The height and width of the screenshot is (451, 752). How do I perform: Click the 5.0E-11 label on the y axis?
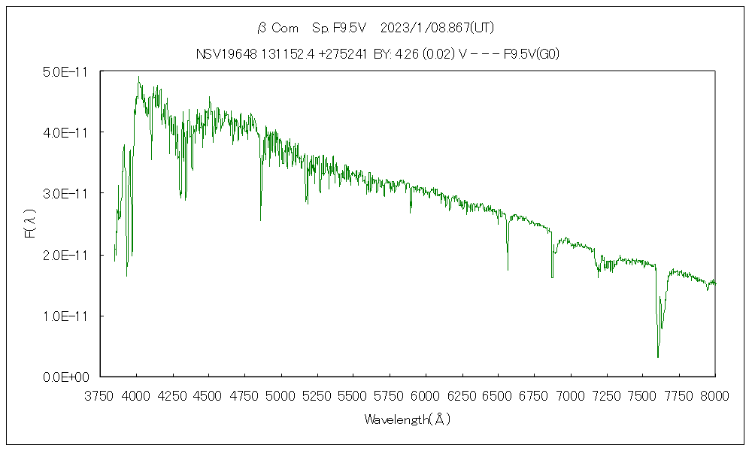pos(67,71)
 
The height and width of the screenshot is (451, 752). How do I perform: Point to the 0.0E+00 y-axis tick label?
pos(67,377)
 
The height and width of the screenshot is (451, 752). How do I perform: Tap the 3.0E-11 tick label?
pos(67,193)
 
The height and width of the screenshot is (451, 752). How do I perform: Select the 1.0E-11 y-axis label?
pos(67,316)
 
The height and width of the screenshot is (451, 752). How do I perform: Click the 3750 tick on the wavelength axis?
pos(100,395)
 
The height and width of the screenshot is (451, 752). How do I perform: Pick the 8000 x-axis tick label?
pos(714,395)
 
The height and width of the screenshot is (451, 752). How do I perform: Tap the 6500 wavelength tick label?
pos(498,395)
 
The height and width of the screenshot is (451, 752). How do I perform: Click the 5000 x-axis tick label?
pos(280,395)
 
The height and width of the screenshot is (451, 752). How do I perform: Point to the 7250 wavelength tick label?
pos(606,395)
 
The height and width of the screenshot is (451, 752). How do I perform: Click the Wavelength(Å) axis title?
pos(408,419)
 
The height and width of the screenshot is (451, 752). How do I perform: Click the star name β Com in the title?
pos(278,29)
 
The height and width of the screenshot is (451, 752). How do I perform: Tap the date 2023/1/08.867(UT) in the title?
pos(437,29)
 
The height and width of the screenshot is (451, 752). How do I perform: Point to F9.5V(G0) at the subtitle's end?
pos(531,53)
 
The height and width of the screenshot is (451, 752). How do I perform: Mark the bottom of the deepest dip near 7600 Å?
pos(658,357)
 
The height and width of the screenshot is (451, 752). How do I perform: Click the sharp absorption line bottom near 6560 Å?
pos(508,269)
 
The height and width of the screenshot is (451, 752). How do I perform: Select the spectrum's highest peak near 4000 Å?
pos(138,76)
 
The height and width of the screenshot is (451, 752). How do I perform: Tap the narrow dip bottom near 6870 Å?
pos(552,277)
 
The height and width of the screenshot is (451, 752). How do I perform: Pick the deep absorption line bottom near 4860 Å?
pos(261,219)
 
